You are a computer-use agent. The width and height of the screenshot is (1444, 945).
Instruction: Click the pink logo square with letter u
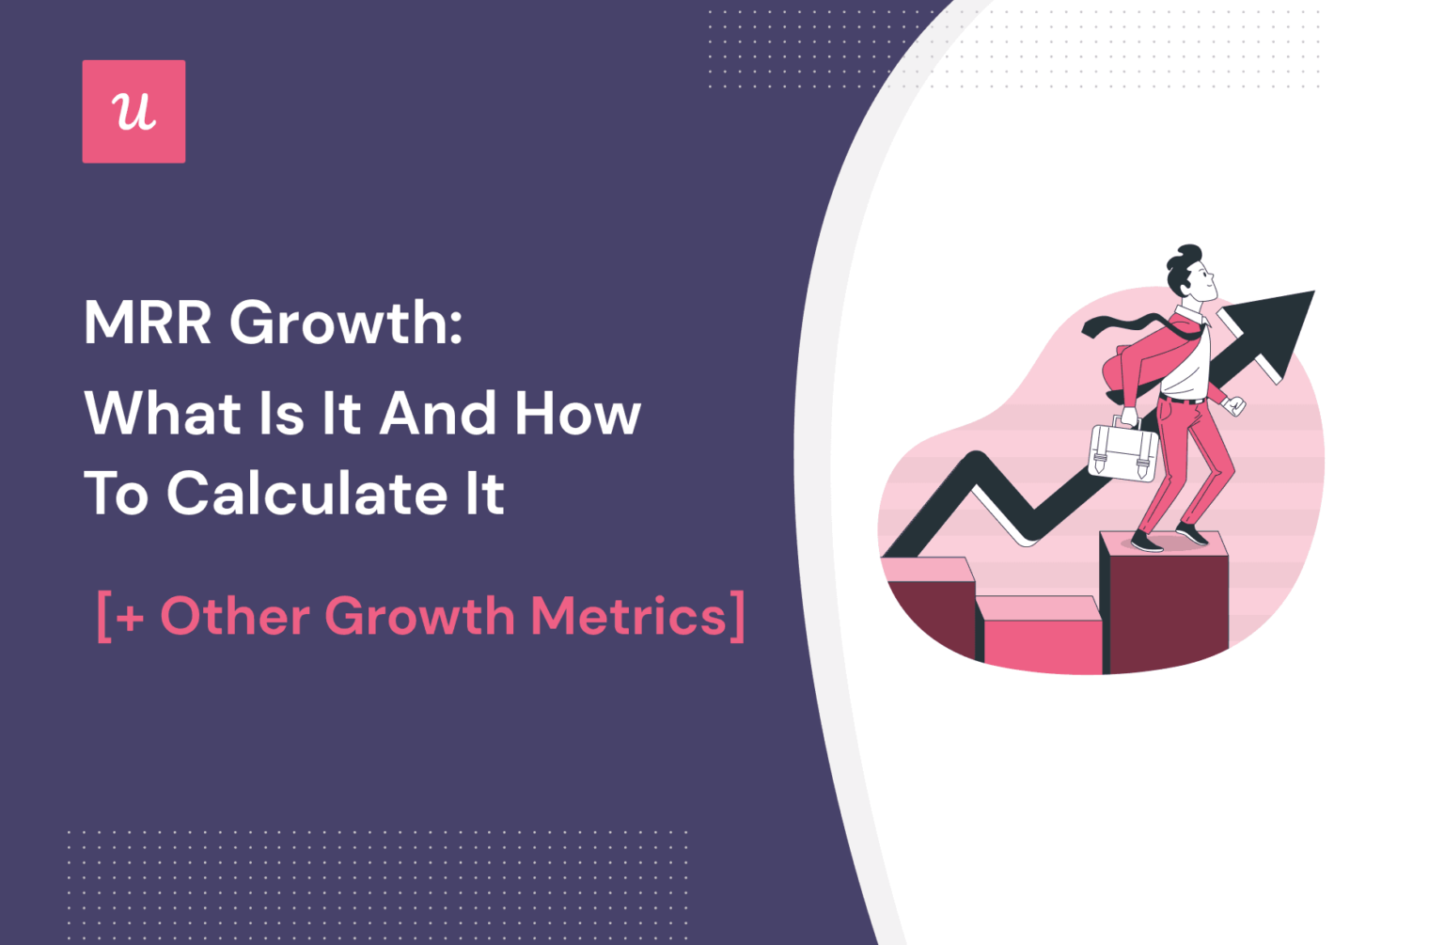tap(133, 112)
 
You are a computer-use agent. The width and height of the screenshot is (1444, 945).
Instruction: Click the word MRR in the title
tap(148, 323)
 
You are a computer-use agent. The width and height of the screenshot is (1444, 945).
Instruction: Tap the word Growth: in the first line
tap(346, 324)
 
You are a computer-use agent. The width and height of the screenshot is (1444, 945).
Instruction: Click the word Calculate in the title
tap(306, 494)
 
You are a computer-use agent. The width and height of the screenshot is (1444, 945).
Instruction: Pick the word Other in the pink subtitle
tap(235, 617)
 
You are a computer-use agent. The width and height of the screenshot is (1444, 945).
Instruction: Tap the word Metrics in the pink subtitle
tap(628, 617)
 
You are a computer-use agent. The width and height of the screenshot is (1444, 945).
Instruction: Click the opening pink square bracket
tap(103, 618)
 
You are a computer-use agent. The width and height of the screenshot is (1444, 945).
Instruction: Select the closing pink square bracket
tap(738, 617)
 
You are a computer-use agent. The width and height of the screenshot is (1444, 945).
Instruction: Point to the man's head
tap(1189, 272)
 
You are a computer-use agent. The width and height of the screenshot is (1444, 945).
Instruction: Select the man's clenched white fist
tap(1235, 406)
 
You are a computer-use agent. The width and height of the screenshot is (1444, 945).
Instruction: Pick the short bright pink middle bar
tap(1042, 639)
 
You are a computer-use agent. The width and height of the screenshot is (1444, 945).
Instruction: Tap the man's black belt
tap(1184, 400)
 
